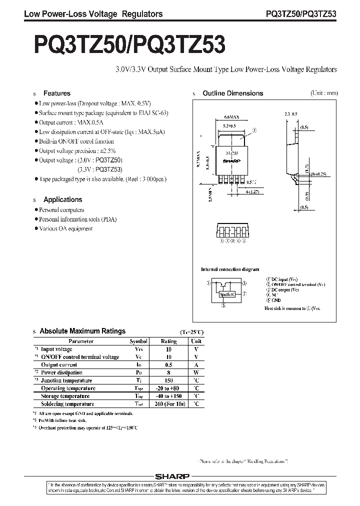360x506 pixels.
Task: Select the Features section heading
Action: tap(56, 93)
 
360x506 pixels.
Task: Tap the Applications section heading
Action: tap(62, 199)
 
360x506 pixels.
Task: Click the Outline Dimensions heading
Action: tap(232, 93)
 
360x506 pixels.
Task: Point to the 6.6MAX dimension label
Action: tap(231, 117)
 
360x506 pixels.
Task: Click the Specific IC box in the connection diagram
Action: tap(227, 294)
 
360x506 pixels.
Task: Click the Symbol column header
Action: tap(138, 341)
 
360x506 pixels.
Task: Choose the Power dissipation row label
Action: tap(61, 372)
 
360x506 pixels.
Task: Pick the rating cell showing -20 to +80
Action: tap(168, 388)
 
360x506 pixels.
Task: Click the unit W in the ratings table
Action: tap(196, 372)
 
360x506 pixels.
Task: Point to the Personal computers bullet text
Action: tap(61, 210)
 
